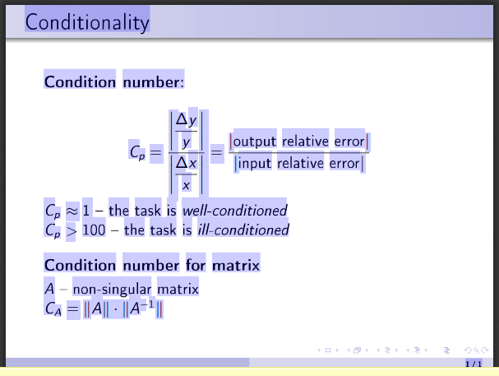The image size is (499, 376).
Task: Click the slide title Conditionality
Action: (x=87, y=22)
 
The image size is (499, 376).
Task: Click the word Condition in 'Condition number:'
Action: (x=80, y=82)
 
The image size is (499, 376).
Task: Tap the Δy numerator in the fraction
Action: (x=186, y=119)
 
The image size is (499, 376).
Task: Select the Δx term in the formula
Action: (x=186, y=163)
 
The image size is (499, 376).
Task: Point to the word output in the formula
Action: (x=255, y=142)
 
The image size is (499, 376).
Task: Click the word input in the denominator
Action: (x=255, y=164)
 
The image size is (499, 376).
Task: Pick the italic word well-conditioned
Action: (x=235, y=211)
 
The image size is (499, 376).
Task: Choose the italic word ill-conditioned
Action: (x=243, y=230)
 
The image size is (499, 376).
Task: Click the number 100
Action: (x=94, y=230)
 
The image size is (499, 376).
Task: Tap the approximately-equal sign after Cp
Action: (x=72, y=211)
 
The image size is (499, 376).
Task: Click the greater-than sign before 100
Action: (x=72, y=230)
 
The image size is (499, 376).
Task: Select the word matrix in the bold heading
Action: (x=236, y=265)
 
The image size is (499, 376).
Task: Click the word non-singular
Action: (x=112, y=289)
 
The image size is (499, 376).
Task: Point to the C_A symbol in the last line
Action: (x=53, y=309)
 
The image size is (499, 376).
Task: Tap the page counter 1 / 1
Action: (x=474, y=364)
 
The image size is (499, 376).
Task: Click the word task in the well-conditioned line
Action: (x=148, y=211)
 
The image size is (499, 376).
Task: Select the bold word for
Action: (x=196, y=265)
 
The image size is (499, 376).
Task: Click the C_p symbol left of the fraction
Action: (x=137, y=151)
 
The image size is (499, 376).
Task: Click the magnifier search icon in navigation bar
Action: (x=476, y=350)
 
